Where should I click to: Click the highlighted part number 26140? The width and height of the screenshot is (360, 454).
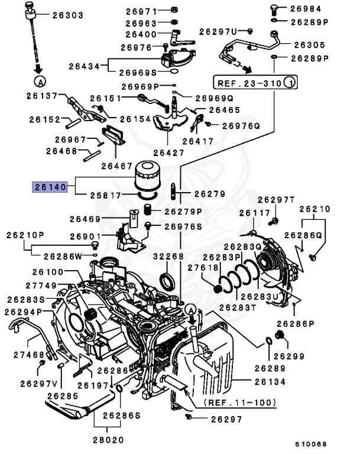[51, 187]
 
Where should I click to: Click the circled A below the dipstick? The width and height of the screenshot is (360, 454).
[40, 80]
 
